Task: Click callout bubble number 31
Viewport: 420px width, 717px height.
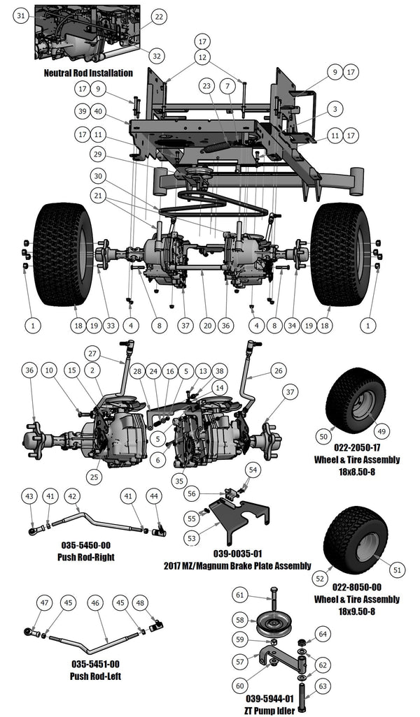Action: point(21,15)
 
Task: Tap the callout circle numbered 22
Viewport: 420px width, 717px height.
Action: point(159,16)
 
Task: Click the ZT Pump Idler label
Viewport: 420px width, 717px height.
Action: point(269,710)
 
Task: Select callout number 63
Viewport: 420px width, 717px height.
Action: point(323,686)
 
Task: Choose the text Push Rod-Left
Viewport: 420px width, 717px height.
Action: point(94,676)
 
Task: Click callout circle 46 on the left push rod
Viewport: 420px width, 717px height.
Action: point(96,602)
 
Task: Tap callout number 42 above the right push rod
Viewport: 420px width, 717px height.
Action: point(71,495)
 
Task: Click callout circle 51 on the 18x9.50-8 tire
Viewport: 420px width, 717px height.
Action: point(398,570)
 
